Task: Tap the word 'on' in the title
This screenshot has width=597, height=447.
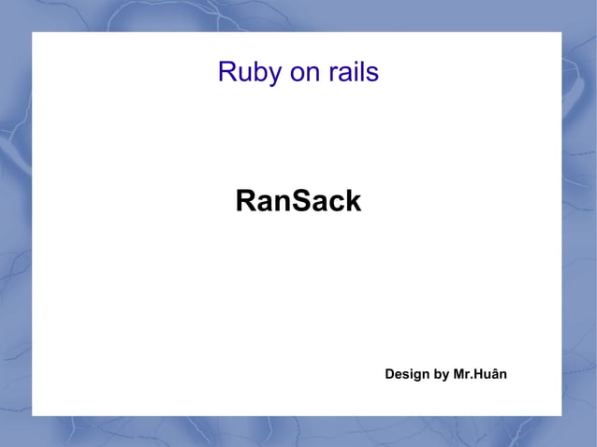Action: pyautogui.click(x=300, y=73)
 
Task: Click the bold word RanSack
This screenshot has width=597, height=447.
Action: pyautogui.click(x=298, y=201)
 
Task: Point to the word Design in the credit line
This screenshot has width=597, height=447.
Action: pyautogui.click(x=406, y=375)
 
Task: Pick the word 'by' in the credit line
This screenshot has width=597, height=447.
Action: pyautogui.click(x=440, y=375)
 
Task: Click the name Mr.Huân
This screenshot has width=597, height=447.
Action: pyautogui.click(x=480, y=375)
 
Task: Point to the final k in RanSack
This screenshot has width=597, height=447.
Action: pyautogui.click(x=352, y=201)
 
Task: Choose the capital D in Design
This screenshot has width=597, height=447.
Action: pyautogui.click(x=390, y=375)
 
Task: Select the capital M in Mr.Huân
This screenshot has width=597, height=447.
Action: pyautogui.click(x=459, y=375)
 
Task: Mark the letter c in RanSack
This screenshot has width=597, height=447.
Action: pyautogui.click(x=334, y=202)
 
